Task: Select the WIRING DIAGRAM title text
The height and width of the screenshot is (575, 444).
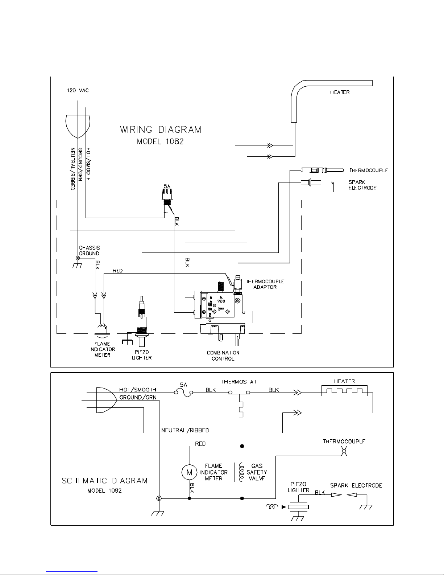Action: click(161, 130)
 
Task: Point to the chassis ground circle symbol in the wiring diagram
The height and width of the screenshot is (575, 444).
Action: click(77, 258)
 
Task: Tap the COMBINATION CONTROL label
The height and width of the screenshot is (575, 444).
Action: click(223, 356)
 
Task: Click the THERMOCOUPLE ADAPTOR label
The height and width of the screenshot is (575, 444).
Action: click(265, 284)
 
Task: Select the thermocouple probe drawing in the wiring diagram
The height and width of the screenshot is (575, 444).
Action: click(321, 170)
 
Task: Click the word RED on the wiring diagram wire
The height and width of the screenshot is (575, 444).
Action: click(117, 271)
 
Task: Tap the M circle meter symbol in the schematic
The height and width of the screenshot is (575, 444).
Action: click(188, 472)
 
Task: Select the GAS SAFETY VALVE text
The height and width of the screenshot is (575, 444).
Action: click(257, 472)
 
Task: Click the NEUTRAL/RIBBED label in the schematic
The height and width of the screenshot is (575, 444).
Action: click(185, 430)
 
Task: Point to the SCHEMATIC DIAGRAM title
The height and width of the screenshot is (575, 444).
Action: click(104, 481)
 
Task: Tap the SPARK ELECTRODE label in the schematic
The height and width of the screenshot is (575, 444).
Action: click(356, 485)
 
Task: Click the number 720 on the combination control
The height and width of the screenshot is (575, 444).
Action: click(221, 301)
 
